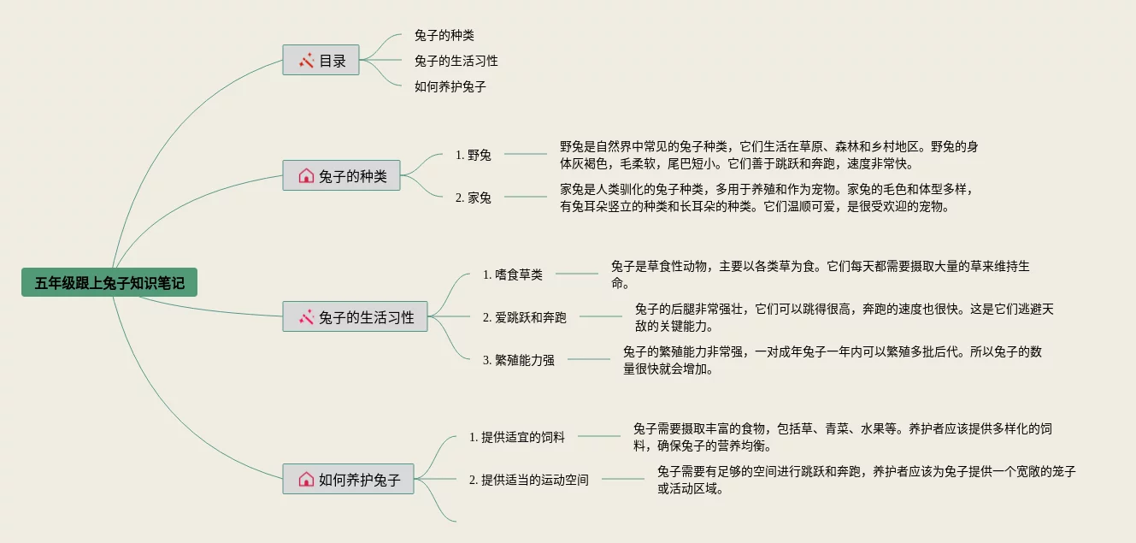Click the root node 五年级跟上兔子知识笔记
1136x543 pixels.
tap(109, 283)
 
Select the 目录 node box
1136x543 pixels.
tap(321, 60)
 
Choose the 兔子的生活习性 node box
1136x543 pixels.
tap(355, 317)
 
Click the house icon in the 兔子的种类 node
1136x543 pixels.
tap(306, 176)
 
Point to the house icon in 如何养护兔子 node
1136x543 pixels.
tap(306, 479)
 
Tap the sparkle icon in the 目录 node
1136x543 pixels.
tap(306, 60)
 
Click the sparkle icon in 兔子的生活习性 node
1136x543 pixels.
tap(306, 317)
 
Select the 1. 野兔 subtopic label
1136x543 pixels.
tap(474, 155)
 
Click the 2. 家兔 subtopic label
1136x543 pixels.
tap(474, 198)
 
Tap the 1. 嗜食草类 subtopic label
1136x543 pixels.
tap(513, 274)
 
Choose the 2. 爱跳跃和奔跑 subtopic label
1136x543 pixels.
tap(524, 317)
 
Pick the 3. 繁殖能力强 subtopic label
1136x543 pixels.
tap(518, 360)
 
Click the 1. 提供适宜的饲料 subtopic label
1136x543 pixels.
tap(517, 437)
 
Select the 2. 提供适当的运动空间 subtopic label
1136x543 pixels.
tap(529, 480)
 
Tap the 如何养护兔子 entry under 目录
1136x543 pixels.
tap(450, 86)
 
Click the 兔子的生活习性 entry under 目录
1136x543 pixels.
tap(456, 61)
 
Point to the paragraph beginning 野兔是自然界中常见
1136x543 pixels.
tap(768, 155)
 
